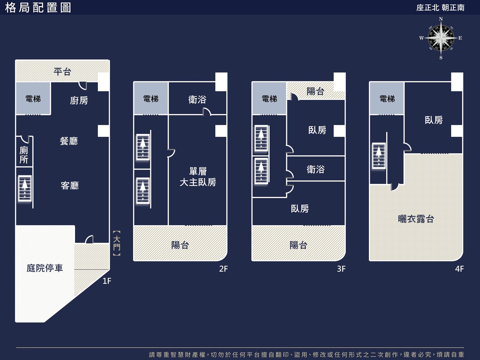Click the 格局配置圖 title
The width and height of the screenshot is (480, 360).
tap(38, 8)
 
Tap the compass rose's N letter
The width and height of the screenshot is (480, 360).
tap(441, 19)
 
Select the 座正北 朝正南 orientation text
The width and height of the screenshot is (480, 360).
tap(440, 8)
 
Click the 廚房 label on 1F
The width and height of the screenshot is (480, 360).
tap(79, 100)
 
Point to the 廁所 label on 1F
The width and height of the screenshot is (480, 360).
tap(24, 155)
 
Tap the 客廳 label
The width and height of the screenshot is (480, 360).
tap(70, 186)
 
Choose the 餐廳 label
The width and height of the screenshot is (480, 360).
tap(69, 141)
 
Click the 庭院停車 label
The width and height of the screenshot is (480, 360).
tap(45, 268)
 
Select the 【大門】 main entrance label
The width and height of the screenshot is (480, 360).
tap(117, 243)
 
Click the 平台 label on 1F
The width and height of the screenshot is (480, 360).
tap(62, 72)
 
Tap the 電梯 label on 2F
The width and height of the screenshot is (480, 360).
tap(151, 99)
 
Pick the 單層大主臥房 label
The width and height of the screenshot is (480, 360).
tap(198, 177)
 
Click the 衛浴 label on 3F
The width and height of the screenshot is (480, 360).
tap(316, 169)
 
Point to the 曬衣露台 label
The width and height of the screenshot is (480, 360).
tap(416, 219)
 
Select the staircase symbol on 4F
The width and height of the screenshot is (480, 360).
tap(379, 156)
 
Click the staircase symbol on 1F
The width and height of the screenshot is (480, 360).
tap(25, 188)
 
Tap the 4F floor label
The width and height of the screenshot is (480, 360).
tap(459, 268)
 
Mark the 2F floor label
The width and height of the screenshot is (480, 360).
tap(223, 268)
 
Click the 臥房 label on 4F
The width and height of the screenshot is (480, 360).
tap(434, 120)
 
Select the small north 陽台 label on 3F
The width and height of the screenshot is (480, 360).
tap(315, 91)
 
